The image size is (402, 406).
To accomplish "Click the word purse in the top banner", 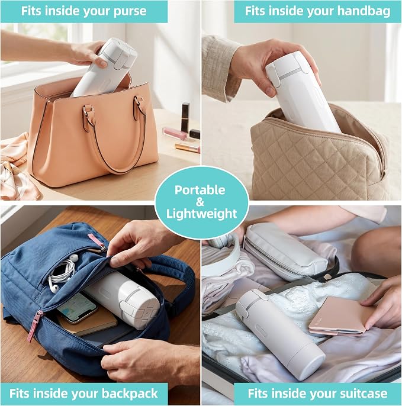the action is [130, 12].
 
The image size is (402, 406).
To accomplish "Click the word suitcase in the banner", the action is [364, 394].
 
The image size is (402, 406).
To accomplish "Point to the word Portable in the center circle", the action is [200, 190].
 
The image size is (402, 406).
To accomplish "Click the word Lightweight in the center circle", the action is [201, 214].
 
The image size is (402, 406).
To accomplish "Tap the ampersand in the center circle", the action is [200, 202].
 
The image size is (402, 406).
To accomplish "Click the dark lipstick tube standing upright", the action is [185, 117].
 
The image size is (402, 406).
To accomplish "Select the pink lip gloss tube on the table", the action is [175, 133].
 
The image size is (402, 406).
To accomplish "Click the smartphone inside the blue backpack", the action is [77, 308].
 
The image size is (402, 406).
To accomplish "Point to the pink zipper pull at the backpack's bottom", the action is [35, 326].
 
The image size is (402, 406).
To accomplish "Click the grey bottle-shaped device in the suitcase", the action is [279, 334].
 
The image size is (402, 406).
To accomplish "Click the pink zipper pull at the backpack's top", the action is [96, 240].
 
